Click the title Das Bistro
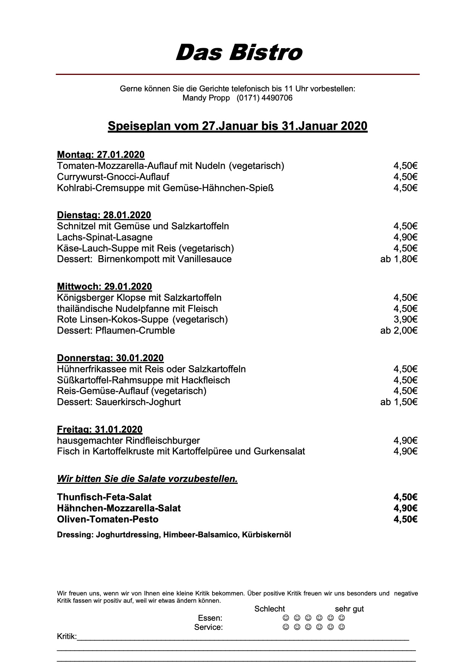coord(239,52)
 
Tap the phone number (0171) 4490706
coord(265,98)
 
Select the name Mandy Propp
coord(206,98)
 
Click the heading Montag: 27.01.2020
coord(101,155)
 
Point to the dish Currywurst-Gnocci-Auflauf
coord(113,177)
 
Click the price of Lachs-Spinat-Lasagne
coord(405,237)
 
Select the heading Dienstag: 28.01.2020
coord(104,215)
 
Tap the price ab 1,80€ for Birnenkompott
coord(399,259)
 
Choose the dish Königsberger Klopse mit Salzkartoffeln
coord(139,298)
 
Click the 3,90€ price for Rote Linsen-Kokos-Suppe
coord(405,320)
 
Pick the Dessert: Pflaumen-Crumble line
coord(116,331)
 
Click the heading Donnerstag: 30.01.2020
coord(110,358)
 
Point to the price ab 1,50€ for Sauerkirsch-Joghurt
coord(399,402)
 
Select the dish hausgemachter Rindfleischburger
coord(128,441)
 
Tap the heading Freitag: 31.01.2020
coord(99,430)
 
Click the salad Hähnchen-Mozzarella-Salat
coord(119,508)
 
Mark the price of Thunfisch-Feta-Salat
coord(405,497)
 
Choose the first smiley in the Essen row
coord(285,618)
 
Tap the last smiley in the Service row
coord(342,627)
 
